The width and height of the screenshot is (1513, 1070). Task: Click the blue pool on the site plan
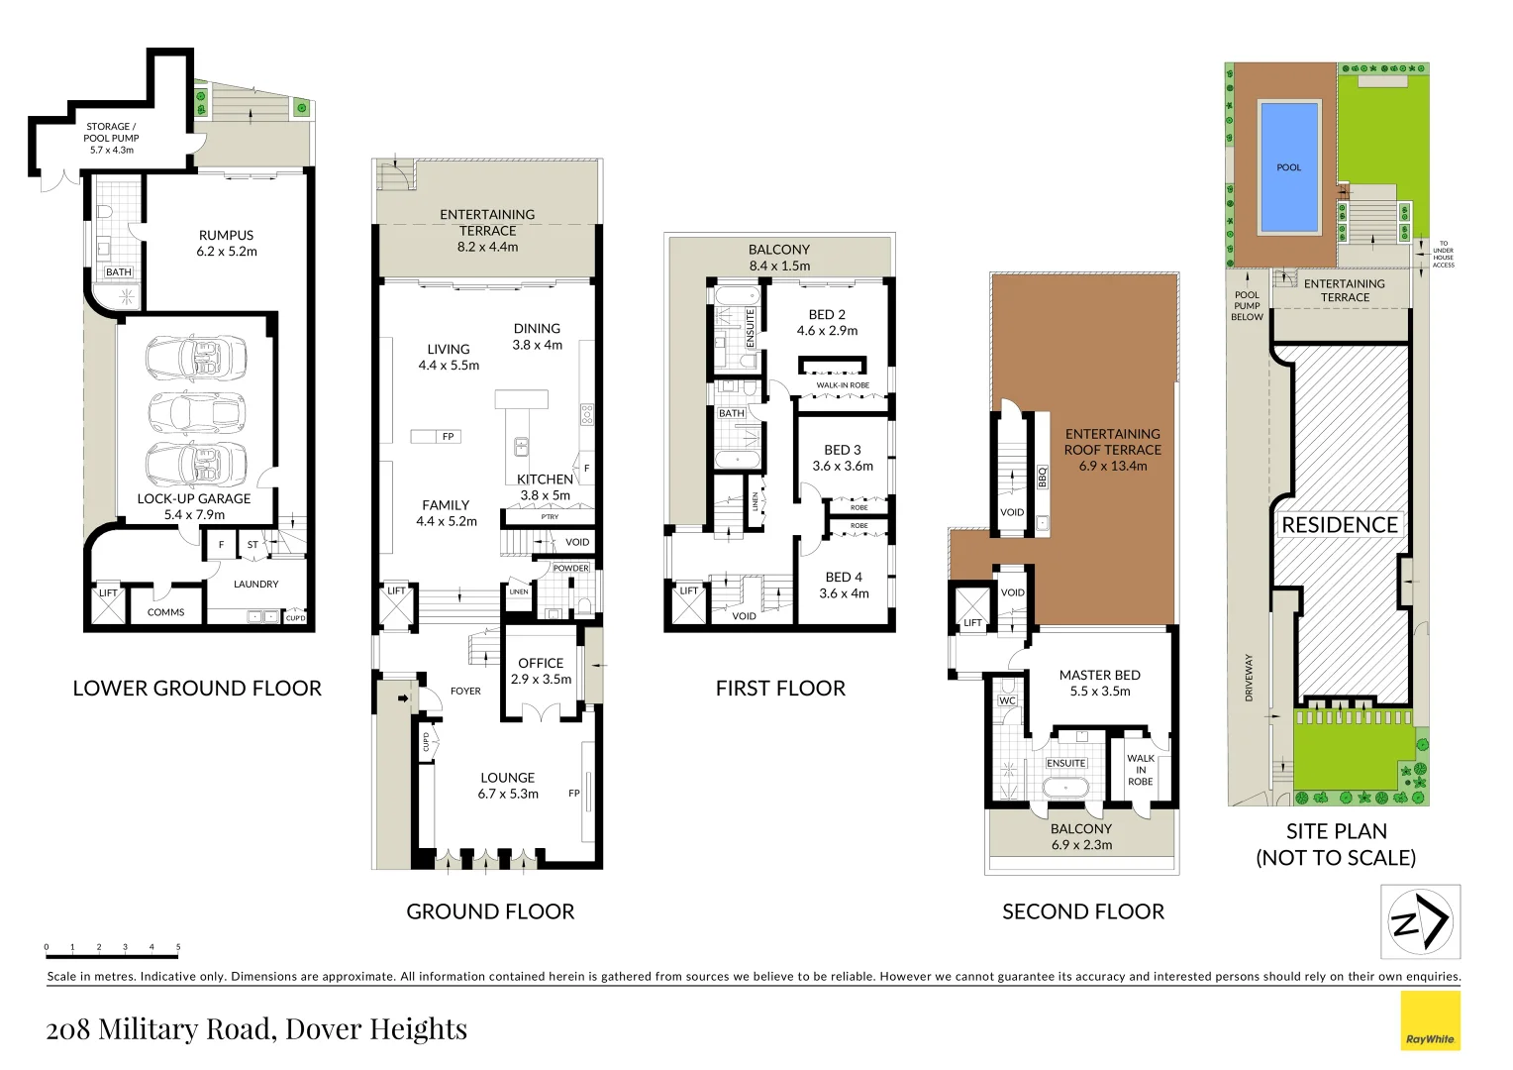tap(1289, 166)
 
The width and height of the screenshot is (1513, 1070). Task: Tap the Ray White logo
tap(1430, 1020)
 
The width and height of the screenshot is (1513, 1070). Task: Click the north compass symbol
tap(1420, 922)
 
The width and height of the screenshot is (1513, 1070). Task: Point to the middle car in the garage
tap(195, 410)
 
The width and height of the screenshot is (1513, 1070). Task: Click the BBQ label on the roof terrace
tap(1042, 477)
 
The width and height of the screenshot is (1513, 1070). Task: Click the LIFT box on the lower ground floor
tap(107, 604)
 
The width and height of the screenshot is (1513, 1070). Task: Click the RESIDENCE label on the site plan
tap(1339, 525)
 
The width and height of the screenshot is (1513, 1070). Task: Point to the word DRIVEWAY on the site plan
tap(1249, 678)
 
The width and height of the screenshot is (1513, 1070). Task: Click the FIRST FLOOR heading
tap(780, 689)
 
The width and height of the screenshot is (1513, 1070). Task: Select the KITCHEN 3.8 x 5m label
tap(545, 486)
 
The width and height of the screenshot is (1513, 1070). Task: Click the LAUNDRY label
tap(255, 584)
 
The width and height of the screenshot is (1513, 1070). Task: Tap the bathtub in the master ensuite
tap(1065, 788)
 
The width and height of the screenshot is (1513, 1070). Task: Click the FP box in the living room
tap(448, 436)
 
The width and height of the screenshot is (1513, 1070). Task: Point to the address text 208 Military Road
tap(256, 1029)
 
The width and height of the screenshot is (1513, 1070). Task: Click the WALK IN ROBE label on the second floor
tap(1140, 770)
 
